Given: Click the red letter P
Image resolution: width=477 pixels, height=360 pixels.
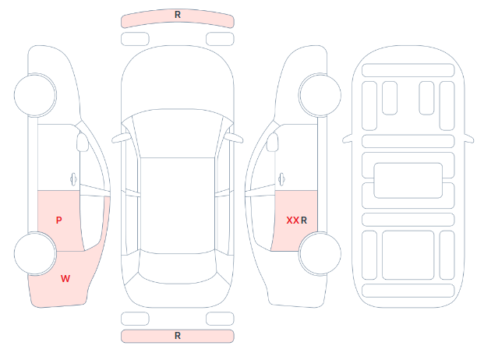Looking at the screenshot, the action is click(x=59, y=221).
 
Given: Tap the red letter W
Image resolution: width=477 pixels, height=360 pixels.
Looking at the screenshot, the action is click(x=65, y=278).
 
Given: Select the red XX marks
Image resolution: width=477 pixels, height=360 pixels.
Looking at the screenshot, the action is click(x=292, y=221).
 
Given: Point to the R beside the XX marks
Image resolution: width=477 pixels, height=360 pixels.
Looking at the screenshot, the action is click(x=304, y=221).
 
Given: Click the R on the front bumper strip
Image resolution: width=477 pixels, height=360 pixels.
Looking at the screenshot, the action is click(x=178, y=15).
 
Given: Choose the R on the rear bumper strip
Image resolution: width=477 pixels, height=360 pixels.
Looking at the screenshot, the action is click(x=178, y=336).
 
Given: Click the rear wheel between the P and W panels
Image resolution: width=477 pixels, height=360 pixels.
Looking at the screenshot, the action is click(x=35, y=253).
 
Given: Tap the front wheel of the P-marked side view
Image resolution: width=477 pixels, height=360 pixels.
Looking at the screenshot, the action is click(x=35, y=95).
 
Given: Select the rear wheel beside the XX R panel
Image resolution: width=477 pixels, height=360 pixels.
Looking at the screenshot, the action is click(x=320, y=253).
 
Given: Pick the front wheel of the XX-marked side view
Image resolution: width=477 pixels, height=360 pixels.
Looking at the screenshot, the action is click(x=320, y=95).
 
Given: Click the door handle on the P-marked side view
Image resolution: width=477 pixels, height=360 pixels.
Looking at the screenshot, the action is click(x=73, y=179).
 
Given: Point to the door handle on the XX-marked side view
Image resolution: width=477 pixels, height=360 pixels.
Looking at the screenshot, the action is click(x=281, y=179).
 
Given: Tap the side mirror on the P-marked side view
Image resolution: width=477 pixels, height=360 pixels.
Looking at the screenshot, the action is click(x=82, y=142).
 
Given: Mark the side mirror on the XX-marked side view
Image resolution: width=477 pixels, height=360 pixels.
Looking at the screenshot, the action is click(x=273, y=142).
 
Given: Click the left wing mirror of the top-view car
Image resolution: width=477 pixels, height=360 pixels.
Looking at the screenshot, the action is click(x=121, y=138).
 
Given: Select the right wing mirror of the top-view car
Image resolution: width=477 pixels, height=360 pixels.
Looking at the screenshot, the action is click(x=235, y=138).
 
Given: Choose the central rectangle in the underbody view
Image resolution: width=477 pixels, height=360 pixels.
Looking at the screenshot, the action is click(x=408, y=180).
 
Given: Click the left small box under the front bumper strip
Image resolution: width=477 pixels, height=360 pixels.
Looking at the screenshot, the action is click(x=135, y=39).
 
